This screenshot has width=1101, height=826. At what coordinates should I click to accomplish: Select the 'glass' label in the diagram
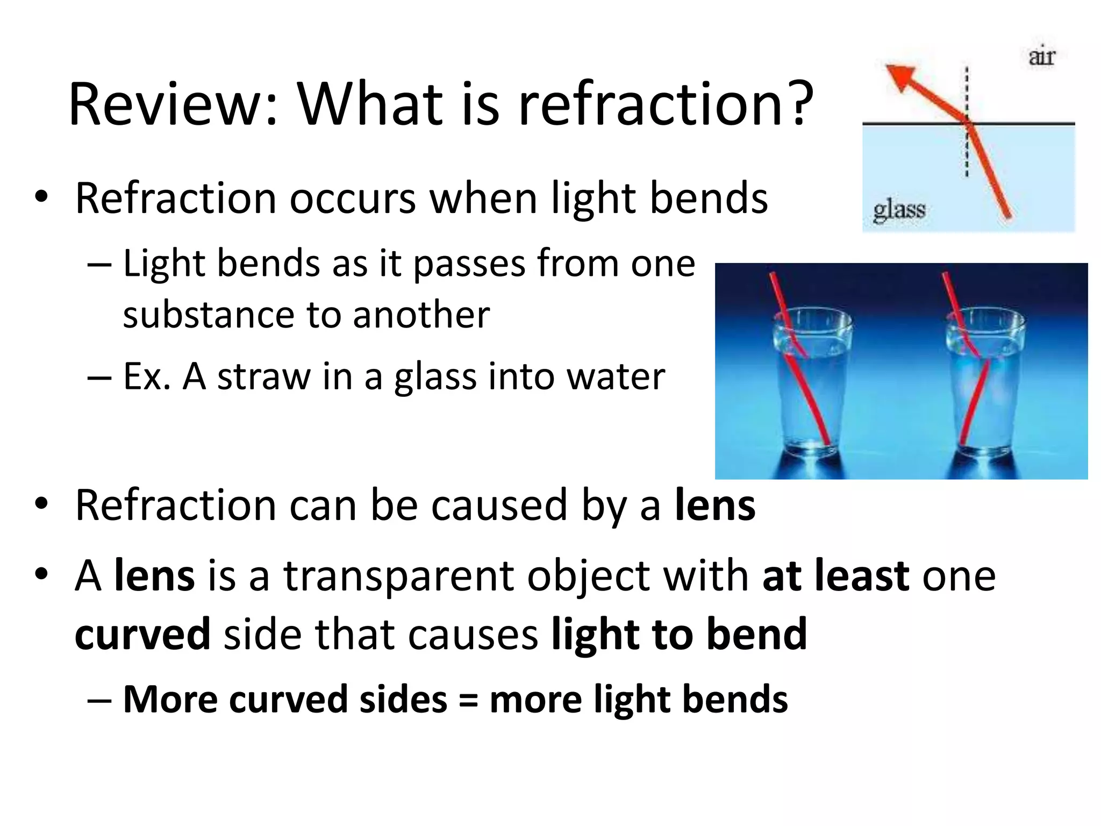tap(899, 210)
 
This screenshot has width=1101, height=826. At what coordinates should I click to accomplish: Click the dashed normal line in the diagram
tap(967, 151)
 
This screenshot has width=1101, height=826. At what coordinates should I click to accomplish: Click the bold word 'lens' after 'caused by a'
tap(715, 505)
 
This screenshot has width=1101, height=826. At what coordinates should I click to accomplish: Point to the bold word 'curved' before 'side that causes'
tap(142, 635)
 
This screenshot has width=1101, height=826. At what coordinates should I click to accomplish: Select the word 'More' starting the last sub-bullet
tap(169, 700)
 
